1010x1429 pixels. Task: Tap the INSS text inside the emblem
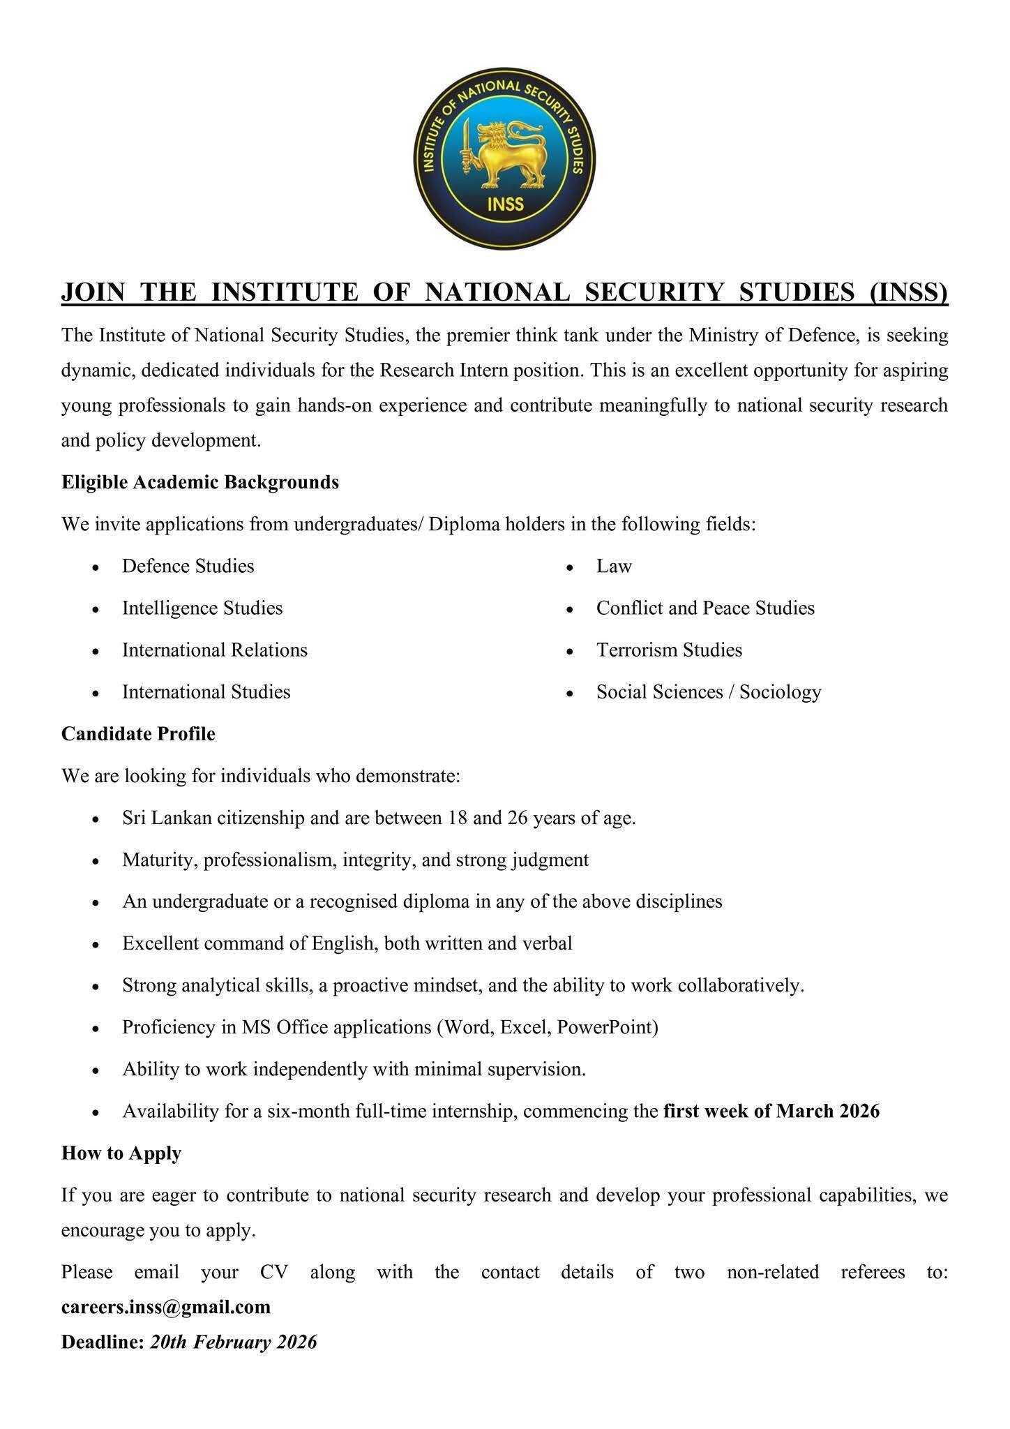point(505,205)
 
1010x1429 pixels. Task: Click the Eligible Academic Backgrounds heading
point(200,482)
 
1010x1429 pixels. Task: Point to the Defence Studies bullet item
point(188,566)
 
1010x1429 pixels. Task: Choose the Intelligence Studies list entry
point(202,608)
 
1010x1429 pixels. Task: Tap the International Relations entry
point(215,650)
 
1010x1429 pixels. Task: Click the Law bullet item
point(614,566)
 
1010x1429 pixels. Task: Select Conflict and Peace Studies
point(705,608)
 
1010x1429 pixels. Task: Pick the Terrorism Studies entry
point(669,650)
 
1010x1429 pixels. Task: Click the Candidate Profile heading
point(138,733)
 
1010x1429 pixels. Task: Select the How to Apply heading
point(121,1153)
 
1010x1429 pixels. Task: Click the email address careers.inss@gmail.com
point(166,1306)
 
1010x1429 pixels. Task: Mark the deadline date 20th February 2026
point(234,1342)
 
